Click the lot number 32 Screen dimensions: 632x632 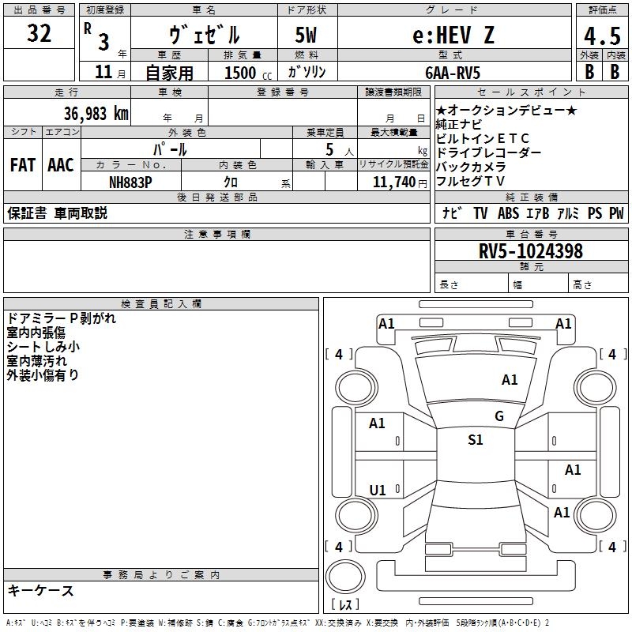[39, 34]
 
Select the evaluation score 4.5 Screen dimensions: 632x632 [601, 37]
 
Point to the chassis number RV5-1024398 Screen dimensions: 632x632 [531, 251]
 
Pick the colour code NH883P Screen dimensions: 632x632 [131, 181]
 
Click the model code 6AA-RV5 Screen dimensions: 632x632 [453, 72]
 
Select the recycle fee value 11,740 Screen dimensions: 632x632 [393, 182]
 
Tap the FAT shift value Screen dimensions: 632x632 [23, 165]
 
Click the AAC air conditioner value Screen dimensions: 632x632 [60, 165]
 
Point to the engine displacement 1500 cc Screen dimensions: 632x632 [245, 73]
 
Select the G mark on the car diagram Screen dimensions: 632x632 [499, 416]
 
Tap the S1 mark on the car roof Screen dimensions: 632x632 [475, 440]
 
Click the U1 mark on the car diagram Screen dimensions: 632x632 [378, 491]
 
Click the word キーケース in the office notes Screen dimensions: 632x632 [40, 590]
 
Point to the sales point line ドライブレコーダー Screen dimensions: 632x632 [488, 152]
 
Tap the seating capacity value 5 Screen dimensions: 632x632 [327, 149]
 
